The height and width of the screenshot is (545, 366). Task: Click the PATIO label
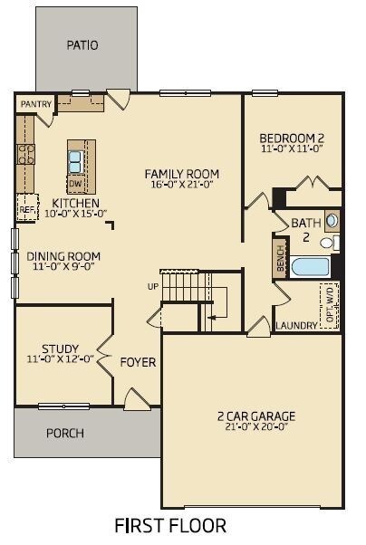82,45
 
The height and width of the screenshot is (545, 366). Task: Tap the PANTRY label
36,104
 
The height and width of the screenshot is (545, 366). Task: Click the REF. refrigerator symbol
27,207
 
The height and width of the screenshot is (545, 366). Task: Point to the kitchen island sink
76,162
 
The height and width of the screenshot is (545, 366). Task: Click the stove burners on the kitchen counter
26,154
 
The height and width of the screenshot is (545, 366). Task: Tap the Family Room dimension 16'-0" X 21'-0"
182,184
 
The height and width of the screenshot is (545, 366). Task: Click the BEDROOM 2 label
292,138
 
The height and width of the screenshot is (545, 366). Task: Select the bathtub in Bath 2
311,267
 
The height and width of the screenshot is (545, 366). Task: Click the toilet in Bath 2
330,243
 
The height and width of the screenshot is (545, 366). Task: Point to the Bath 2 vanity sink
332,221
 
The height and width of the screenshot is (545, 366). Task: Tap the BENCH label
281,258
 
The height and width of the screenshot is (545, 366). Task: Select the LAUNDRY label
296,326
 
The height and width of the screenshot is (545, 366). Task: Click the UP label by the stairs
153,287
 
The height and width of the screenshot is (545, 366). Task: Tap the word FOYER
138,362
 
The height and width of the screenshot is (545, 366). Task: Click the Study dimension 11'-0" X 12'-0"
61,359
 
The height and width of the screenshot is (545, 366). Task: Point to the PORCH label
65,434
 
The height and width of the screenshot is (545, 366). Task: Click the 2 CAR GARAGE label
256,416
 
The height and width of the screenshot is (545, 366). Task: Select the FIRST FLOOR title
170,525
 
